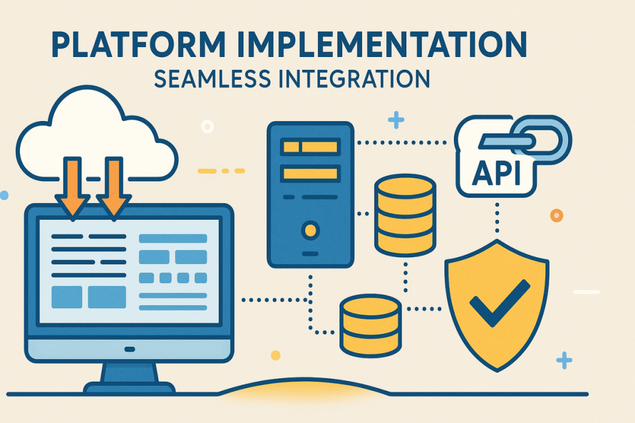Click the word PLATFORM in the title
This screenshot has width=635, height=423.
[x=138, y=44]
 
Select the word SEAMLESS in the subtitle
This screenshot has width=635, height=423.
[x=212, y=79]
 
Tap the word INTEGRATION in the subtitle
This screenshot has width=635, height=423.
[x=355, y=79]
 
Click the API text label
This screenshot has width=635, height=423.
[x=496, y=173]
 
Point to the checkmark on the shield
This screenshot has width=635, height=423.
[x=499, y=303]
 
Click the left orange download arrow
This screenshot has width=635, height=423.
[x=73, y=189]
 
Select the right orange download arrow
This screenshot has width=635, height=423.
[x=114, y=189]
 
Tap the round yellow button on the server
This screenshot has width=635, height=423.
[x=310, y=230]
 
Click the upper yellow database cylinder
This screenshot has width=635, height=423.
[x=405, y=216]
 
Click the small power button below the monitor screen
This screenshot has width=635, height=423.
[x=129, y=350]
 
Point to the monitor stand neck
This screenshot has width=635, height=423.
[x=129, y=373]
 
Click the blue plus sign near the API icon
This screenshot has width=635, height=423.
[x=396, y=120]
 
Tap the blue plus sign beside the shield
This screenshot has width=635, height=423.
[x=564, y=360]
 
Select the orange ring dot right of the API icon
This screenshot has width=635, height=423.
[x=556, y=216]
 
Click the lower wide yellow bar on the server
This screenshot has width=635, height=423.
[x=310, y=173]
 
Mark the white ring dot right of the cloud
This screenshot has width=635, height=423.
[x=208, y=127]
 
